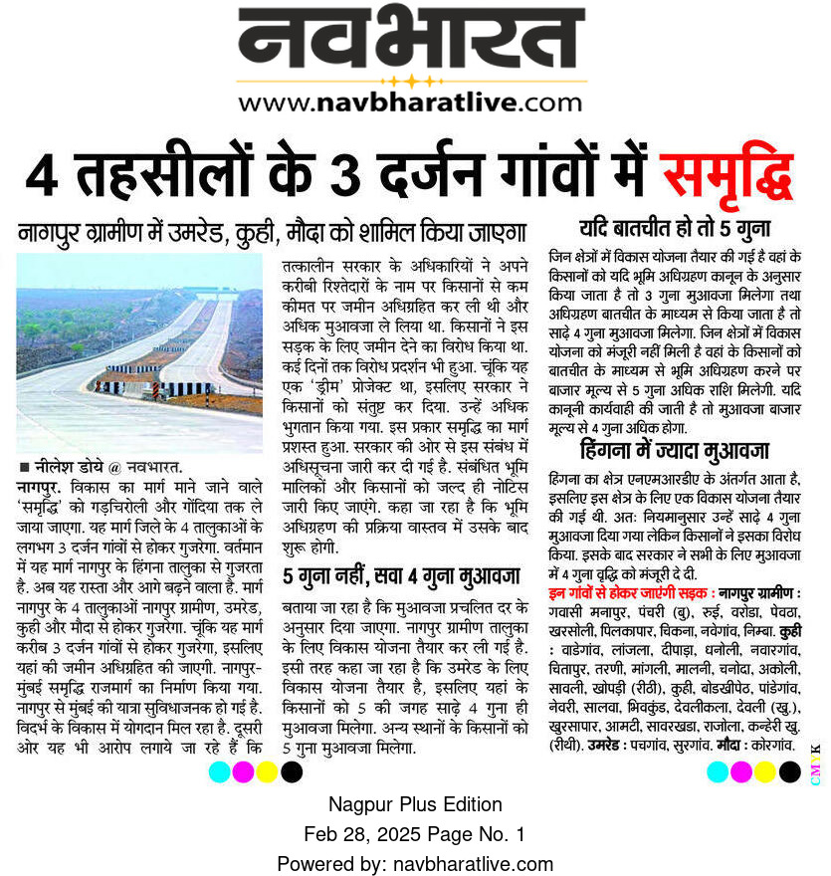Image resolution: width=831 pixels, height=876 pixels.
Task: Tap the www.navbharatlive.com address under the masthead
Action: (x=410, y=102)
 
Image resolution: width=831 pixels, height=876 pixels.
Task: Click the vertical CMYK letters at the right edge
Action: (x=816, y=765)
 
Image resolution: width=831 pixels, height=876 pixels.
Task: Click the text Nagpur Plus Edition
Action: (x=415, y=804)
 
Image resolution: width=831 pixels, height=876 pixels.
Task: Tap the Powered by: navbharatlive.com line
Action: (x=415, y=863)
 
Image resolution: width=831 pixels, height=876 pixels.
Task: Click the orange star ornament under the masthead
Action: (x=411, y=80)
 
